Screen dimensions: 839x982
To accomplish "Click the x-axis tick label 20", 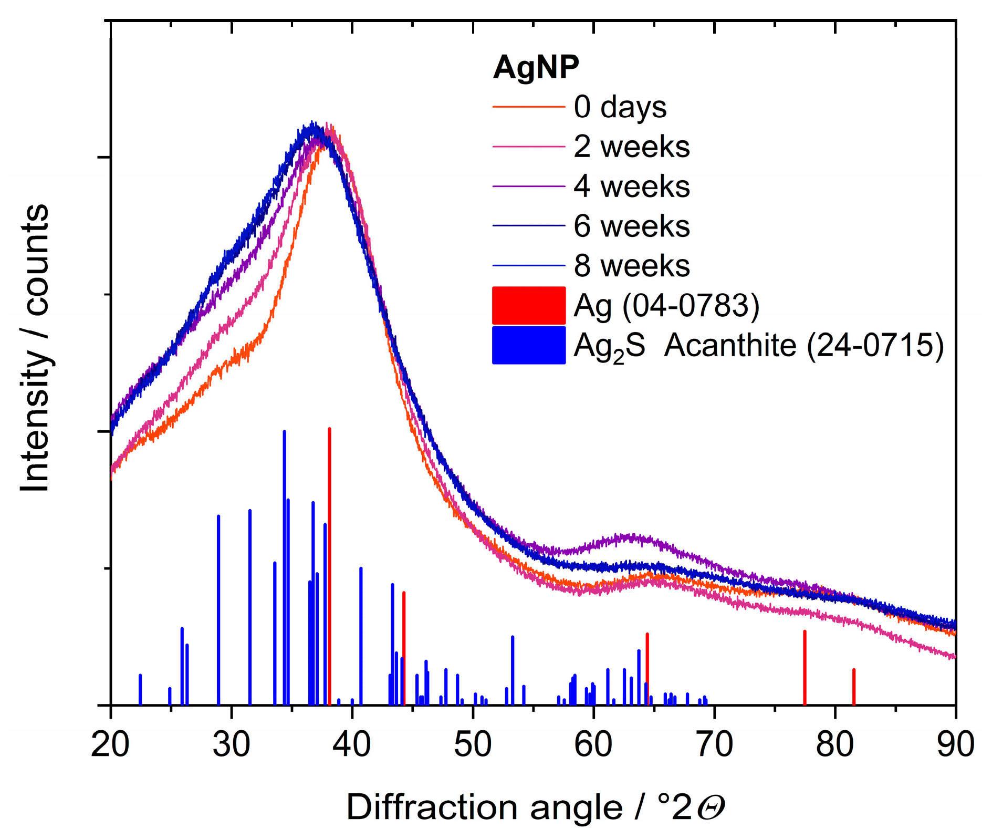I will pos(110,744).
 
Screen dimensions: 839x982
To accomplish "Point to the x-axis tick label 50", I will pos(473,744).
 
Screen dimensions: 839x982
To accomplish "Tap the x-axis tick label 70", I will pos(714,744).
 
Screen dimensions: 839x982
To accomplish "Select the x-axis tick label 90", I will pos(955,744).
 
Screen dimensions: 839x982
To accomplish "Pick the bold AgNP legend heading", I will pos(536,67).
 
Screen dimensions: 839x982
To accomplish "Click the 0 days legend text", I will pos(620,107).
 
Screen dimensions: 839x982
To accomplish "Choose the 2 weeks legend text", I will pos(632,147).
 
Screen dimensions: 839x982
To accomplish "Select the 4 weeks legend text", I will pos(632,187).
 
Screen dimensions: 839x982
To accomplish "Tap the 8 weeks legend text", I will pos(632,266).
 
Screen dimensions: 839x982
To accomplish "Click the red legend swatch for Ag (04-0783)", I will pos(529,305).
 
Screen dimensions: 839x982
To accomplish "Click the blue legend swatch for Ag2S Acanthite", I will pos(529,345).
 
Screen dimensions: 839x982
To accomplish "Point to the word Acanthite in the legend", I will pos(730,346).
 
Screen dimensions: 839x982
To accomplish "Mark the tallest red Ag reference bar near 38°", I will pos(329,567).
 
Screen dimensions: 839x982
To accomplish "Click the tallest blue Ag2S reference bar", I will pos(285,567).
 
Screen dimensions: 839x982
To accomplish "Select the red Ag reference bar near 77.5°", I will pos(805,667).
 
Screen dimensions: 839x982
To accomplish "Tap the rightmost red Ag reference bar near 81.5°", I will pos(854,687).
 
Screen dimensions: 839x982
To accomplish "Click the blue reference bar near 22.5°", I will pos(140,689).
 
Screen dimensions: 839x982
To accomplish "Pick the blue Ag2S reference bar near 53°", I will pos(513,670).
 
